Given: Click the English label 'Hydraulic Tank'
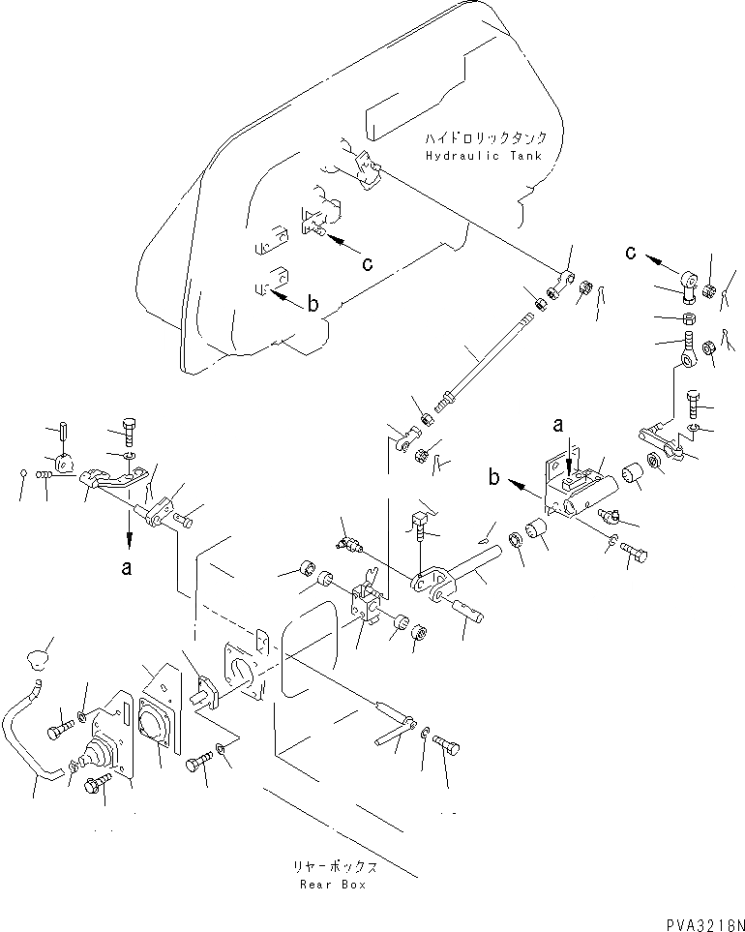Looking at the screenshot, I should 483,157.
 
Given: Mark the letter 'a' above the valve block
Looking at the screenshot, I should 558,423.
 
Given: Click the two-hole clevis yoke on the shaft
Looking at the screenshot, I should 432,584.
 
